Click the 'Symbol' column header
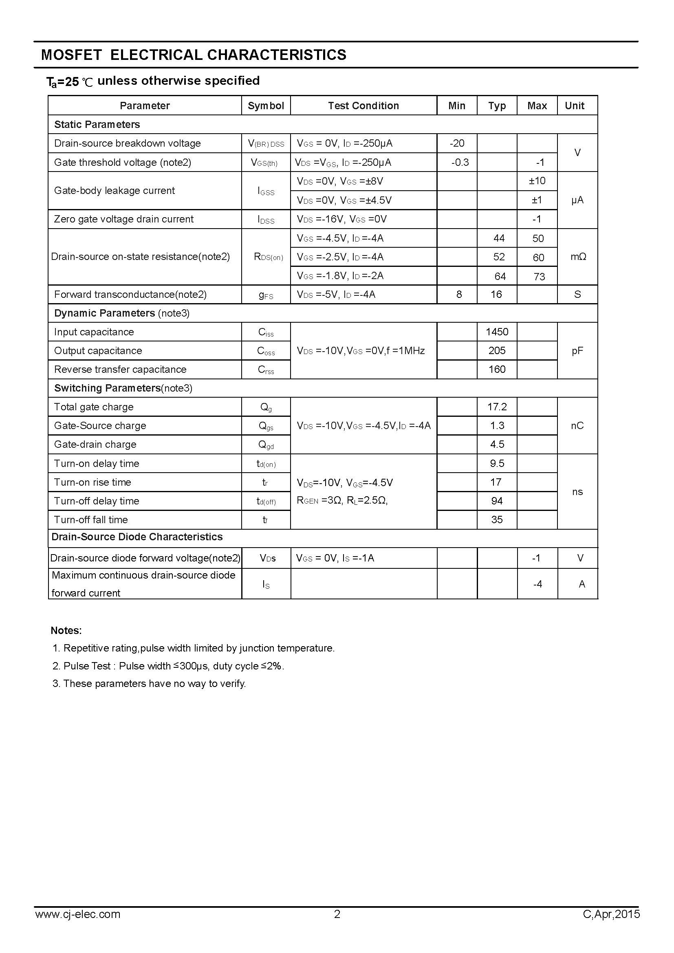[x=266, y=106]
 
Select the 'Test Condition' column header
[x=363, y=106]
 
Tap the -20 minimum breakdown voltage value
[x=457, y=143]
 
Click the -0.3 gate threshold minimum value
[x=460, y=162]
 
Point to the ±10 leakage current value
[x=537, y=181]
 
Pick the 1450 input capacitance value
[x=497, y=332]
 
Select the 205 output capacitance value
[x=497, y=351]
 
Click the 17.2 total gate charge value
[x=497, y=407]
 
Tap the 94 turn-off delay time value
[x=497, y=501]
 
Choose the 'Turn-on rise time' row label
[x=93, y=482]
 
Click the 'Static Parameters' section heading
[x=97, y=125]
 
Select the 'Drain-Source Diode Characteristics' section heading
[x=137, y=537]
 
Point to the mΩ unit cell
[x=578, y=257]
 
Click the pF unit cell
[x=577, y=351]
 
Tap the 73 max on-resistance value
[x=539, y=276]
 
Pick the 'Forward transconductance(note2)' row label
[x=130, y=294]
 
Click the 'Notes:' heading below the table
[x=66, y=630]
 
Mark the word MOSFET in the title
[x=71, y=55]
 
